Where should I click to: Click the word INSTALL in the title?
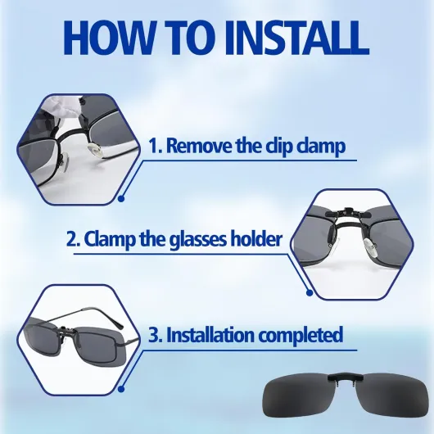click(296, 38)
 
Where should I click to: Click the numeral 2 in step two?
click(73, 239)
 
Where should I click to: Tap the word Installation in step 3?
click(210, 334)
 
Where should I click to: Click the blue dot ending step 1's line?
click(121, 199)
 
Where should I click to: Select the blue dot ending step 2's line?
click(310, 292)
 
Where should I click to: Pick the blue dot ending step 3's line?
click(121, 389)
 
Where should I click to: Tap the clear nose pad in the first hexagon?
click(95, 149)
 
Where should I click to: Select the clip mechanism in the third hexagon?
click(66, 332)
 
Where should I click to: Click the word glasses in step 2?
click(198, 241)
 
